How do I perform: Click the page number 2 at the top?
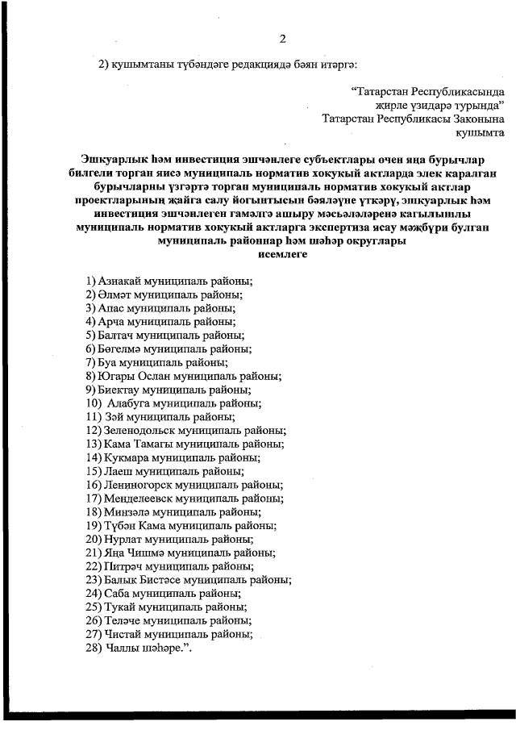point(282,38)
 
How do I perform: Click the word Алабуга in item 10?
point(129,403)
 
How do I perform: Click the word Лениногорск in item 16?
point(133,485)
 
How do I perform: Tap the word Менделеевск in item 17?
point(135,498)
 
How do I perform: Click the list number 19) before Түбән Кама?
point(94,525)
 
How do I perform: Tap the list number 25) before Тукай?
point(94,607)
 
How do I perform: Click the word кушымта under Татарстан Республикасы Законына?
point(481,131)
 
